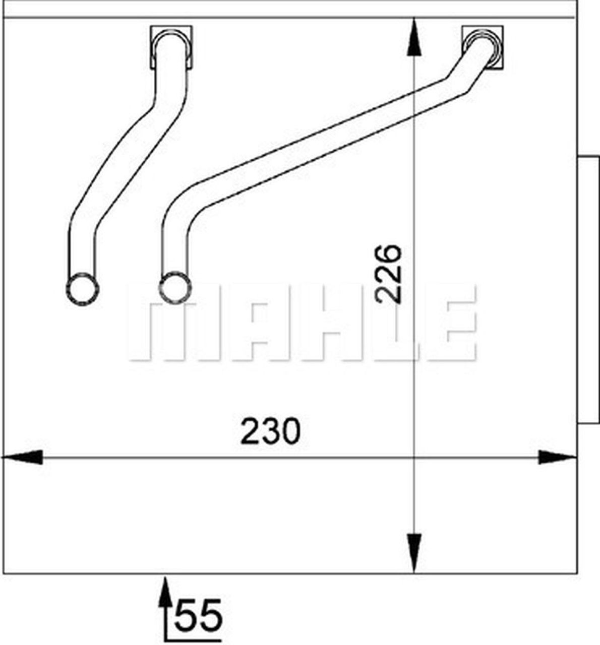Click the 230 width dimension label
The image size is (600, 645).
(x=270, y=432)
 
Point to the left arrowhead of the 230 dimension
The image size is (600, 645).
(x=23, y=458)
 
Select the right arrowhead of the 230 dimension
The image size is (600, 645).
(x=557, y=458)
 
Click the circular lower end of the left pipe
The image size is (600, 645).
(x=82, y=289)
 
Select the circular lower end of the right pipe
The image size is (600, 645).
(x=175, y=288)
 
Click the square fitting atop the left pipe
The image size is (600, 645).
(x=171, y=46)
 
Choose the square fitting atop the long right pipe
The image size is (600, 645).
(x=483, y=46)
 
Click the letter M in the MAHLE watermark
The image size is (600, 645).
(x=161, y=322)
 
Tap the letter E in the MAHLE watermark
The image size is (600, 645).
(x=449, y=322)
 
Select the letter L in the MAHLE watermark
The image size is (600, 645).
(x=388, y=322)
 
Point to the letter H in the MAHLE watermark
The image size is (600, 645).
(x=323, y=322)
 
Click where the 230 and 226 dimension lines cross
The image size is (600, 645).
(x=413, y=458)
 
